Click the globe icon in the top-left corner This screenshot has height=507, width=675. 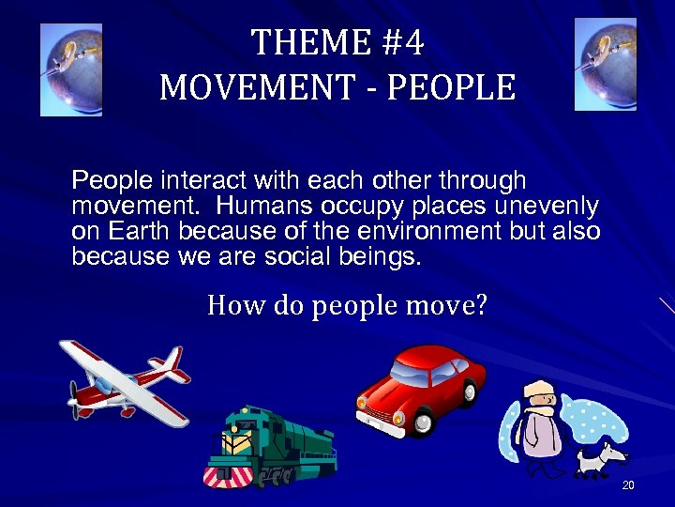tap(71, 69)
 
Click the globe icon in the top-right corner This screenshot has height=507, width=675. tap(605, 64)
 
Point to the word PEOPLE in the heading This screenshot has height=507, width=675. tap(451, 87)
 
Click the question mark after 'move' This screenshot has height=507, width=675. tap(481, 306)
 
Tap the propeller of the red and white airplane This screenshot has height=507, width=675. tap(73, 397)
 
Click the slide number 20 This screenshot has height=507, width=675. tap(628, 484)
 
